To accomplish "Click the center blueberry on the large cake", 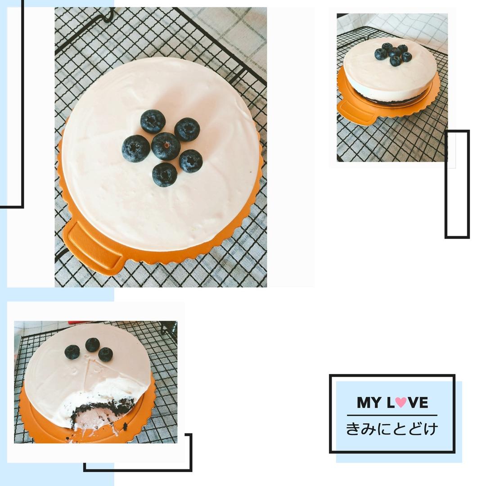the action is point(166,146).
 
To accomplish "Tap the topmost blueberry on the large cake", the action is point(153,121).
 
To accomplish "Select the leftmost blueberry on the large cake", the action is point(136,148).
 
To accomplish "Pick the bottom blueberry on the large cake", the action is point(165,175).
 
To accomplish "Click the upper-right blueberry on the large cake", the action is point(187,130).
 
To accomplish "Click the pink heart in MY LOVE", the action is point(401,402).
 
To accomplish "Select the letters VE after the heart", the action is point(418,403).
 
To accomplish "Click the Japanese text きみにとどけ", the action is point(392,429).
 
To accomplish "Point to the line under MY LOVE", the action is point(392,415).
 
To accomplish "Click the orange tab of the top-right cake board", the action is point(356,112).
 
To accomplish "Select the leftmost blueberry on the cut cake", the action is point(72,352).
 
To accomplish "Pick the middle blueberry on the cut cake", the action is point(93,345).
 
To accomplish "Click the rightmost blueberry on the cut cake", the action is point(106,354).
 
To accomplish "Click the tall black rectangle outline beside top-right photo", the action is point(457,184).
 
